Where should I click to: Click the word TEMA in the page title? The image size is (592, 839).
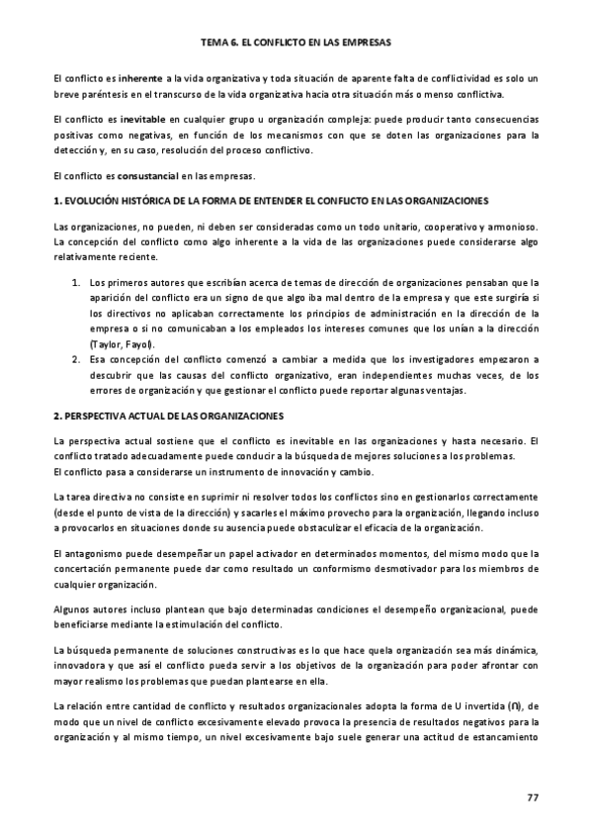click(x=213, y=44)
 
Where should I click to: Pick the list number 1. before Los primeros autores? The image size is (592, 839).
click(x=77, y=283)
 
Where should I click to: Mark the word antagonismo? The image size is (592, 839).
click(x=102, y=552)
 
